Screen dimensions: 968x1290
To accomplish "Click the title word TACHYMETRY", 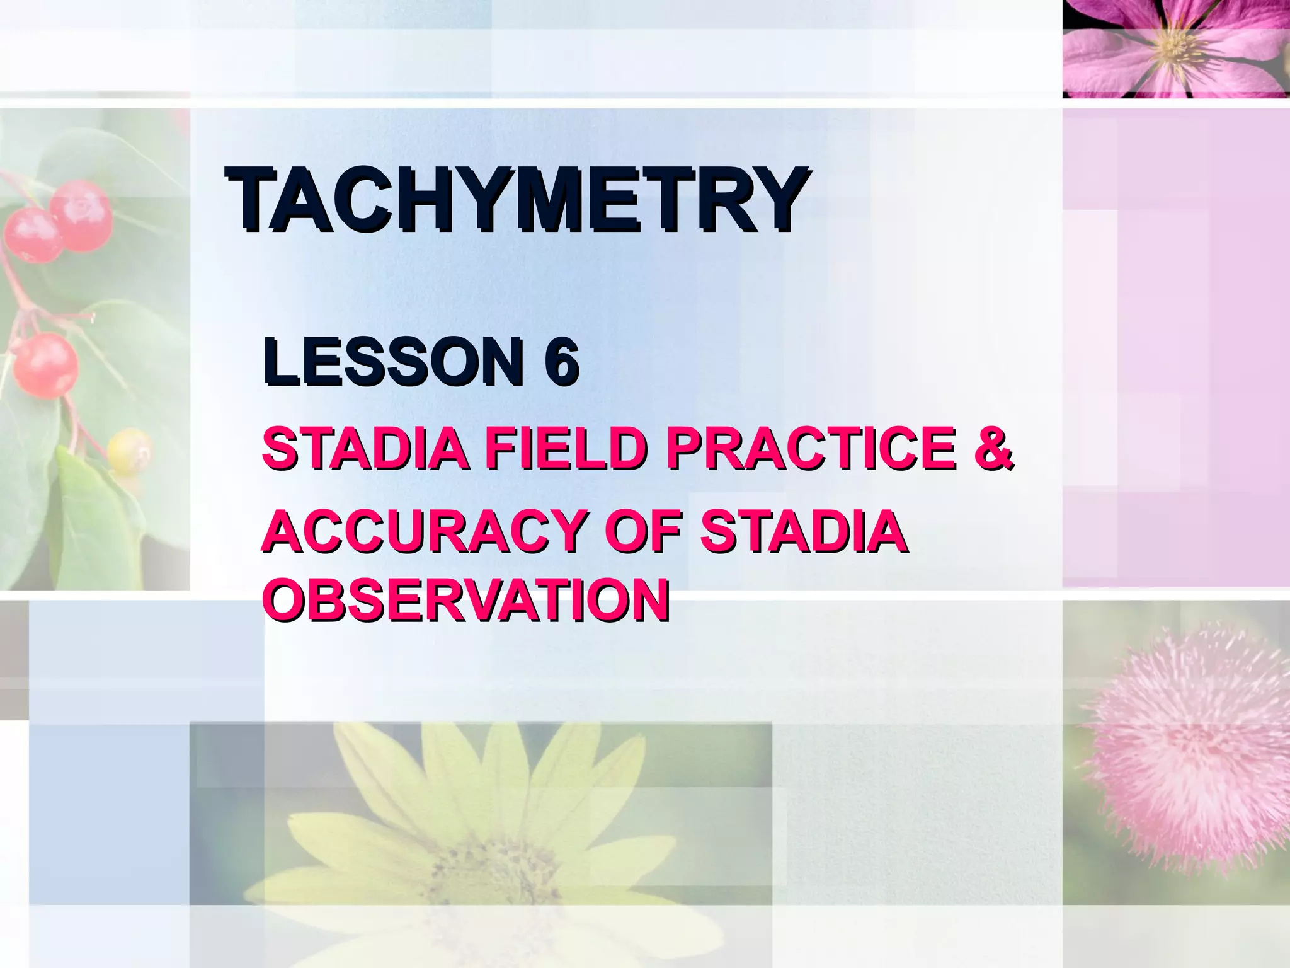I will [x=517, y=200].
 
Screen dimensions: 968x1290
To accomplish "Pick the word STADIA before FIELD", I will [x=365, y=448].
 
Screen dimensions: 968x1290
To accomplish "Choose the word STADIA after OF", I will [x=803, y=531].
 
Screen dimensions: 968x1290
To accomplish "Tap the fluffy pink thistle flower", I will [x=1190, y=750].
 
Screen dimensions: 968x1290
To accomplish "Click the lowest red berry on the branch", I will [x=45, y=366].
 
